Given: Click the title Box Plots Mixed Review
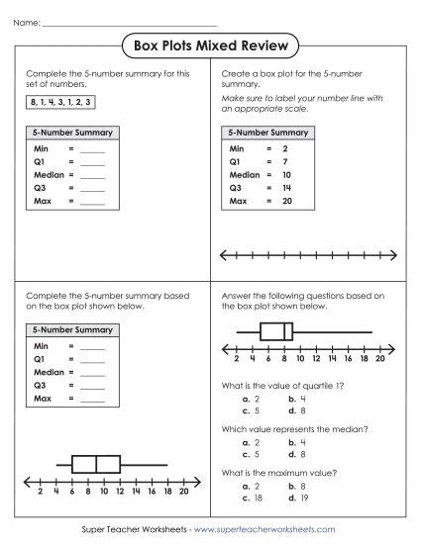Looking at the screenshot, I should pos(211,45).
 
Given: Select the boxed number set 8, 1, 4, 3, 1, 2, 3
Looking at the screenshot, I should pos(62,102).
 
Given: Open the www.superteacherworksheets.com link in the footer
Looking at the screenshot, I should pos(264,530).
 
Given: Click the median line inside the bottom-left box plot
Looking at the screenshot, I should pos(96,464).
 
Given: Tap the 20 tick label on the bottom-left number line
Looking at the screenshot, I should pos(183,491).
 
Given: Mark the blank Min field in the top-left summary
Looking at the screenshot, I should pos(92,146).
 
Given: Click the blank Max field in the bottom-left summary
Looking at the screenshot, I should pos(92,398).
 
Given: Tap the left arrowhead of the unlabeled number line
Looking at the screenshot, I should pos(224,255).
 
